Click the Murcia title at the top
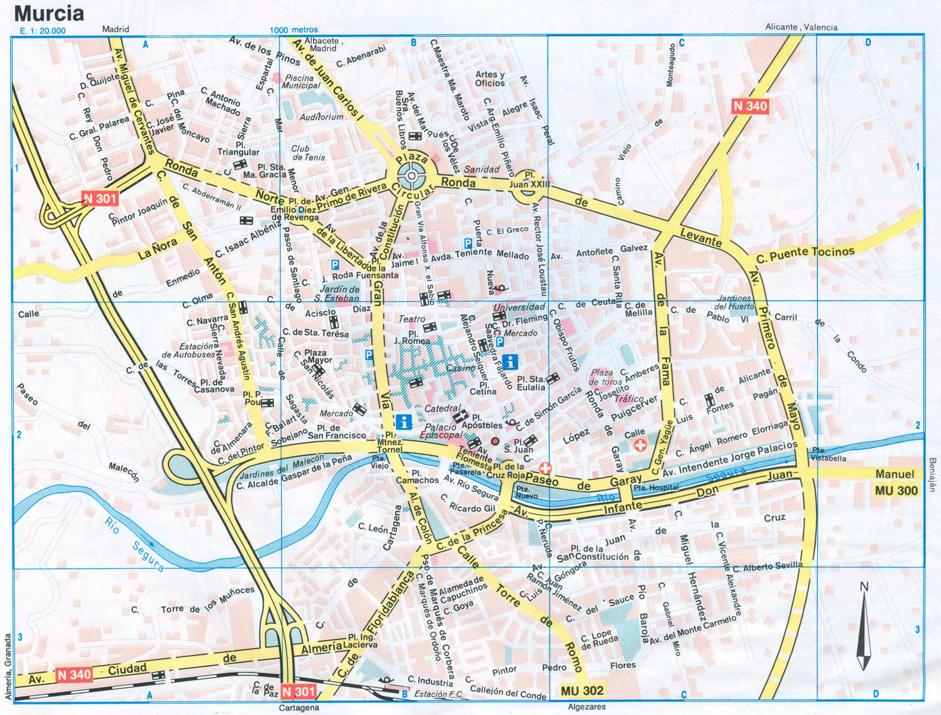pos(49,14)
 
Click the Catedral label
pos(443,408)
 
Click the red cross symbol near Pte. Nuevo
pos(545,469)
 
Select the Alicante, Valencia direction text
pos(801,27)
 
